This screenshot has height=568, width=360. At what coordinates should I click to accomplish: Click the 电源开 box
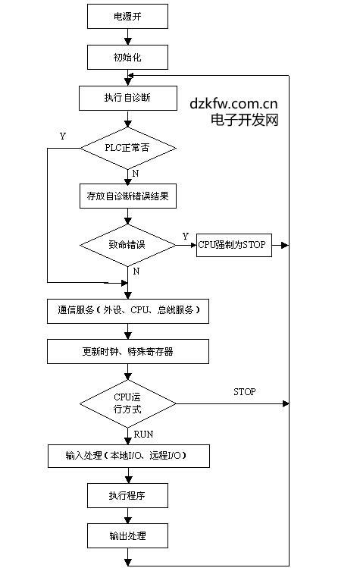[127, 16]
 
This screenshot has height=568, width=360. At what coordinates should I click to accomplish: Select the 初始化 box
[127, 57]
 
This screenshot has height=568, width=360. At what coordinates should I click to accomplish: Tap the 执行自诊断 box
[128, 98]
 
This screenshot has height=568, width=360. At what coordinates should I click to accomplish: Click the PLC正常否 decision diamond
[128, 148]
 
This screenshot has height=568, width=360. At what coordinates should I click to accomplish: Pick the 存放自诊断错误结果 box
[128, 196]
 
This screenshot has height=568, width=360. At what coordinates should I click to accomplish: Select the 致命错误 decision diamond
[128, 245]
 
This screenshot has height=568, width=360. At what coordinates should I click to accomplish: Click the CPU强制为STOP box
[234, 245]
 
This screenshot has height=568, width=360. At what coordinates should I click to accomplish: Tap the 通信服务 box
[128, 311]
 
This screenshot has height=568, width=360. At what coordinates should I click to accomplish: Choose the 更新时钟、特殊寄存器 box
[128, 351]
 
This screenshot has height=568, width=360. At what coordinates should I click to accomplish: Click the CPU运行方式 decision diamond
[128, 403]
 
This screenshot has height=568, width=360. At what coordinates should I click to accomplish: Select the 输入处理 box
[129, 456]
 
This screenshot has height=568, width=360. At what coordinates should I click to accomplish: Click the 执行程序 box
[127, 495]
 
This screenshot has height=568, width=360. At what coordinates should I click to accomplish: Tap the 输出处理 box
[127, 535]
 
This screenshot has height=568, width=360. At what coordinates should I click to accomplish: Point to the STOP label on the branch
[245, 392]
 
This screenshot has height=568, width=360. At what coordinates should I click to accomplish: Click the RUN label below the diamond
[143, 434]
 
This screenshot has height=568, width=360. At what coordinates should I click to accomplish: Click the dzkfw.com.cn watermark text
[233, 104]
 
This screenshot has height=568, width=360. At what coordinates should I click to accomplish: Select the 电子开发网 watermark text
[245, 120]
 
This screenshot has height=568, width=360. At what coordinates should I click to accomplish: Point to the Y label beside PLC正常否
[63, 137]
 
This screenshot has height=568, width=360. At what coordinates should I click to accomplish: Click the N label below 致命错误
[136, 271]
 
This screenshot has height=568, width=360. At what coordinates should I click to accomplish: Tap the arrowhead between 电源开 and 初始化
[128, 41]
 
